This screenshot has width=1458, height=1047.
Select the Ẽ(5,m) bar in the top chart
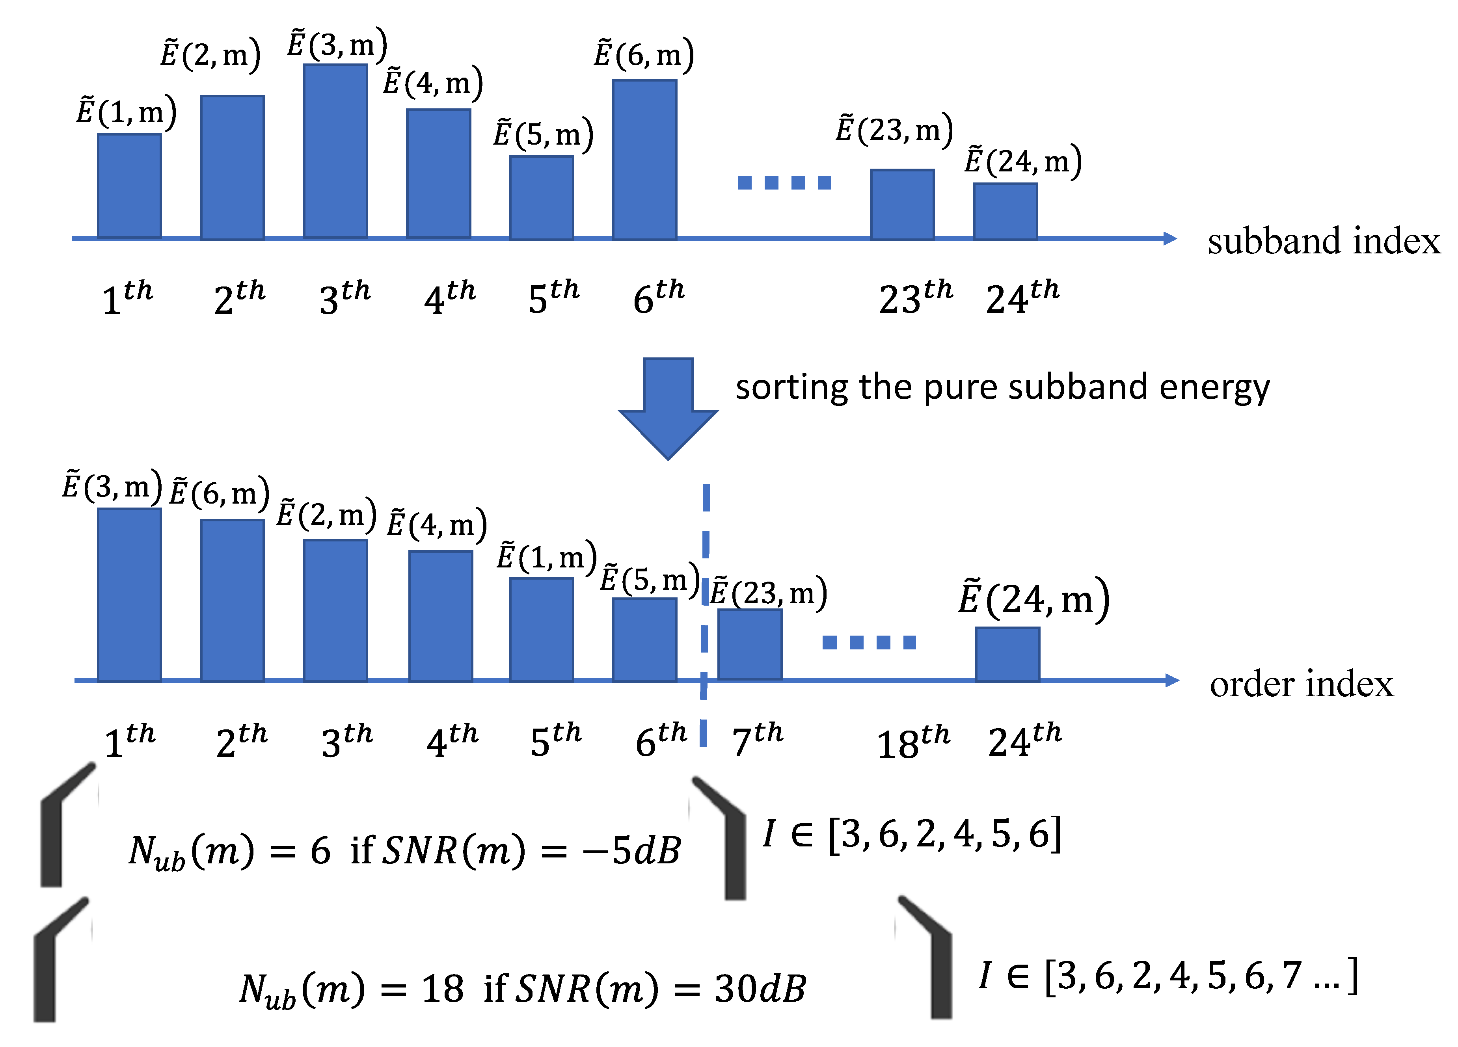point(541,197)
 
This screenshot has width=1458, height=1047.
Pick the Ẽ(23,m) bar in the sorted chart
point(750,644)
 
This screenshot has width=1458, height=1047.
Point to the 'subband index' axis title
point(1323,241)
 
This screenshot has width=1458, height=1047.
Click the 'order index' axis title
point(1301,684)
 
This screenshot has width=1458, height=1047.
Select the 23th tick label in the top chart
point(915,298)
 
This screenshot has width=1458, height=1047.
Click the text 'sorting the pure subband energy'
point(1002,388)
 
